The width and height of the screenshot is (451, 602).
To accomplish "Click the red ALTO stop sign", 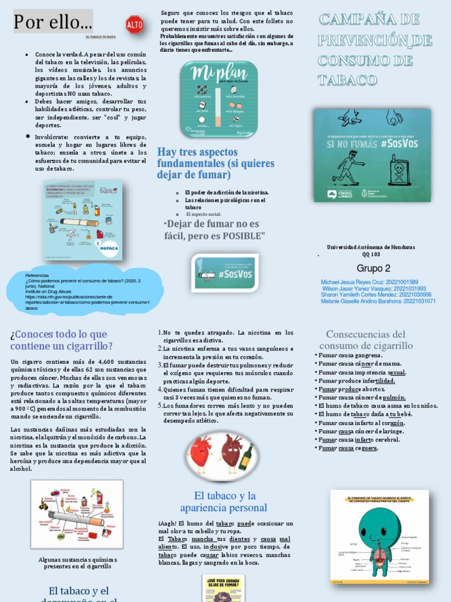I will tap(134, 24).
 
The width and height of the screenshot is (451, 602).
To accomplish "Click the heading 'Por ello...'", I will tap(53, 22).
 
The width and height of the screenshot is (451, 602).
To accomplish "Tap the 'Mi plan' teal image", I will tap(218, 96).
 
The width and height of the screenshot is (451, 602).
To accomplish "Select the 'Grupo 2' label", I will tap(373, 268).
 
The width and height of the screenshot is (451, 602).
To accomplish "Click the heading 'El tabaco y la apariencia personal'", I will tap(223, 501).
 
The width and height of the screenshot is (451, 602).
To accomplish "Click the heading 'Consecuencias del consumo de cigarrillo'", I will tap(365, 340).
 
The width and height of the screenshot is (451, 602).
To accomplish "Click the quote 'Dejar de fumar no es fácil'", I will tap(215, 229).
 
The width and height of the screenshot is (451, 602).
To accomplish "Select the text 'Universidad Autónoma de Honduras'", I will tap(371, 247).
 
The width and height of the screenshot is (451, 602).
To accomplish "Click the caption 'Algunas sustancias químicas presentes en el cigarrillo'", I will tap(78, 563).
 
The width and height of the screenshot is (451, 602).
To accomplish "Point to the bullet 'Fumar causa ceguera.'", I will tap(348, 448).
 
